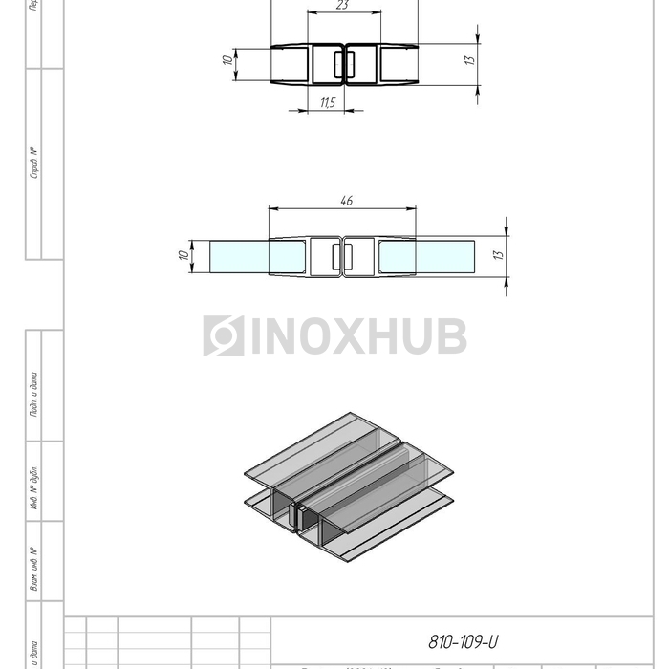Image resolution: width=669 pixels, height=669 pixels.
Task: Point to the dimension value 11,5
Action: point(328,102)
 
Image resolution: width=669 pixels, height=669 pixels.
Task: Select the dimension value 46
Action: point(347,201)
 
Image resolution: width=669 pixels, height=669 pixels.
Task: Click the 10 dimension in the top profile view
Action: point(227,60)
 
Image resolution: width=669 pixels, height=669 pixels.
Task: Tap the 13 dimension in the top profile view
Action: point(469,59)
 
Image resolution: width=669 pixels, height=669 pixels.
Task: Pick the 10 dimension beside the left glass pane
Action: point(182,255)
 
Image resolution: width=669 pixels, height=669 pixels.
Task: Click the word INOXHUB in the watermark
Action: point(358,336)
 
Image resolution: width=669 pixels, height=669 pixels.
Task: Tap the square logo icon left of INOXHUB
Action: point(224,336)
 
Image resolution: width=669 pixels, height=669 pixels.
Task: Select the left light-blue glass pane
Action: point(239,256)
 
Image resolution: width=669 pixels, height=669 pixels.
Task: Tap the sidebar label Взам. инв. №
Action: point(32,568)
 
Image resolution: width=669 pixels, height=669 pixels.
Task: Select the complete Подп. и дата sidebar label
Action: point(32,394)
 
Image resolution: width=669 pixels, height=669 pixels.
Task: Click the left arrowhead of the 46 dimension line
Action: point(272,208)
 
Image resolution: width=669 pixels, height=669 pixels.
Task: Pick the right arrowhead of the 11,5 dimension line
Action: point(340,110)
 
